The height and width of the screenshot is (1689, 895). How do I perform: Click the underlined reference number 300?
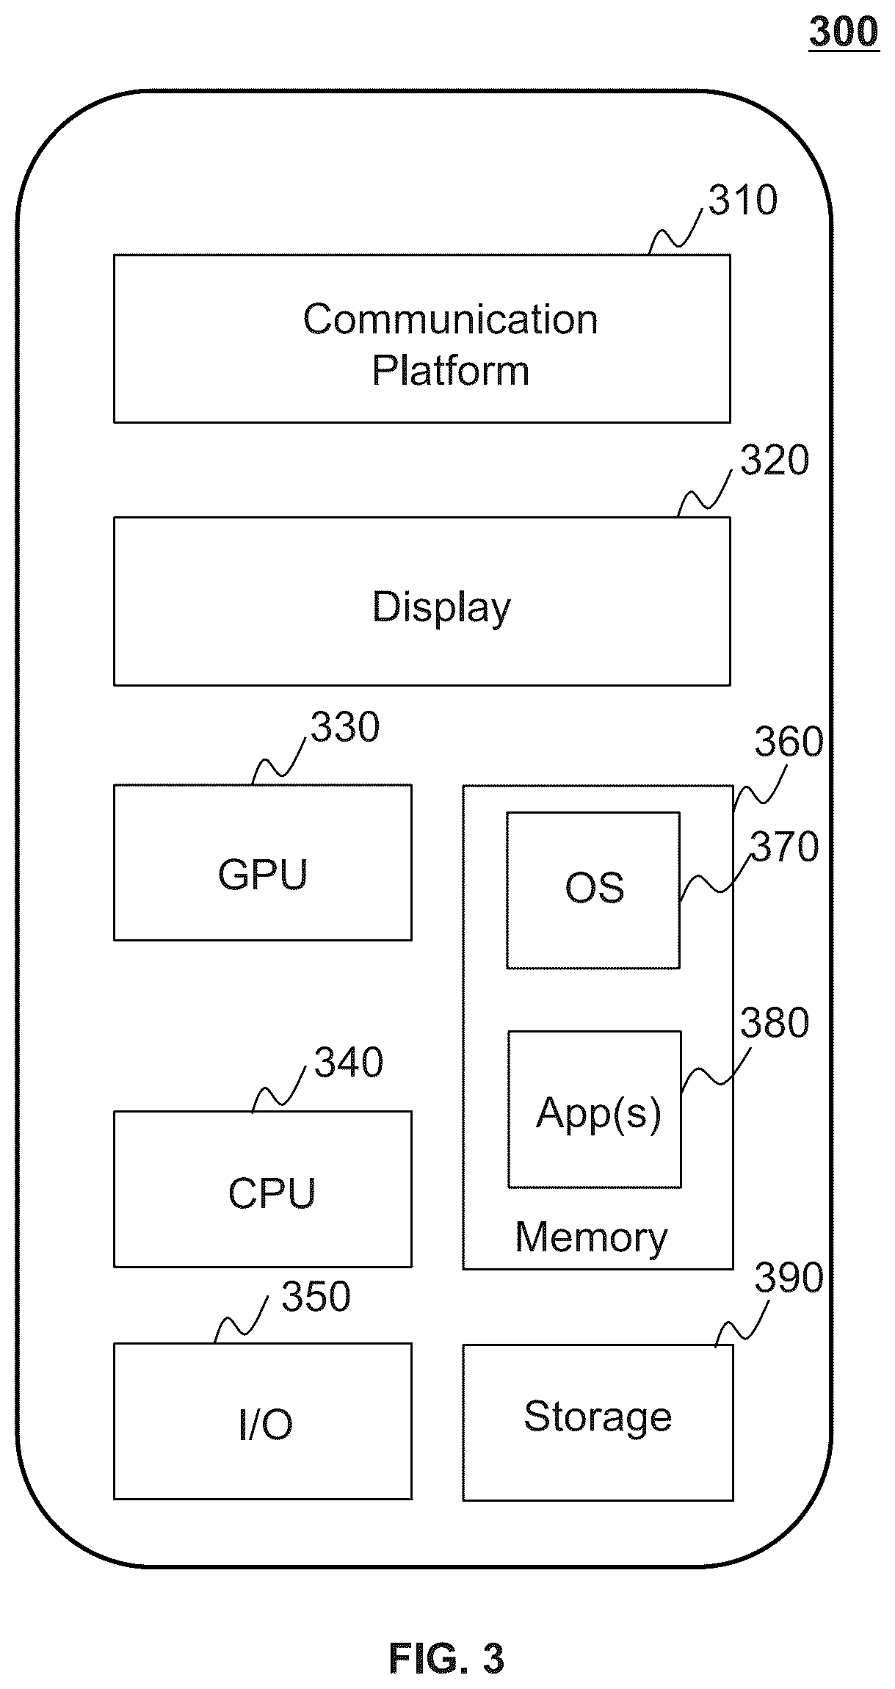click(844, 33)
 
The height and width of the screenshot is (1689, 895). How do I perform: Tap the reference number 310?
click(743, 200)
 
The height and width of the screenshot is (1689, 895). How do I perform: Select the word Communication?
click(450, 319)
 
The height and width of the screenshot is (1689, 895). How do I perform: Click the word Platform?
click(450, 369)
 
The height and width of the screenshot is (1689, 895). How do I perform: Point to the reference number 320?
click(775, 460)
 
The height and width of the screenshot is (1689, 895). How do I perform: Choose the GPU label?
click(263, 875)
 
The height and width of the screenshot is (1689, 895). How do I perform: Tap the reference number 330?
click(345, 727)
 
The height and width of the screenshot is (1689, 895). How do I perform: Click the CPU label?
click(272, 1193)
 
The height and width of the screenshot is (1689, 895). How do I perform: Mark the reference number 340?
click(349, 1063)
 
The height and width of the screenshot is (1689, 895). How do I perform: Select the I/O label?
click(265, 1425)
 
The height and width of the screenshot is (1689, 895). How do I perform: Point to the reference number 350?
click(316, 1297)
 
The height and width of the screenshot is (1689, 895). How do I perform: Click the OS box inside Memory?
click(593, 890)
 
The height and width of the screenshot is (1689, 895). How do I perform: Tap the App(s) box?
click(595, 1110)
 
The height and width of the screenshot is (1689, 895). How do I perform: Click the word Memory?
click(592, 1237)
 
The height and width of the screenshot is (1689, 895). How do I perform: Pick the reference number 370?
click(784, 847)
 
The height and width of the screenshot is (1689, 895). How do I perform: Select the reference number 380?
click(775, 1023)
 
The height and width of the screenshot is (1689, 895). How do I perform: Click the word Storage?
click(598, 1417)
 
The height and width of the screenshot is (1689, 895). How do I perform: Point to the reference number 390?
click(789, 1278)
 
